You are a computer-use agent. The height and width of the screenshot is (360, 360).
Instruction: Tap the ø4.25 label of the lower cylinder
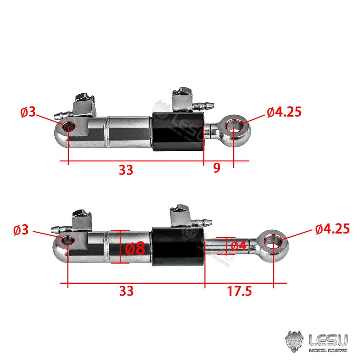pos(332,229)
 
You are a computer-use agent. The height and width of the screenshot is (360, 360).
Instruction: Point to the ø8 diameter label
pos(135,248)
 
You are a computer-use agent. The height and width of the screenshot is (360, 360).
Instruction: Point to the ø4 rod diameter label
pos(238,246)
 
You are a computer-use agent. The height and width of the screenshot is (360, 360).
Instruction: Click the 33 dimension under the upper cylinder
pos(126,170)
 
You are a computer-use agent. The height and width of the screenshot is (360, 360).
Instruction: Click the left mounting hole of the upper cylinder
pos(68,126)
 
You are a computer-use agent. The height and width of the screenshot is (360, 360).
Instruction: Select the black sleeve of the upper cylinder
pos(178,131)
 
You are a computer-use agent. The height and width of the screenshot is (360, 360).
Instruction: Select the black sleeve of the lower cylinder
pos(178,247)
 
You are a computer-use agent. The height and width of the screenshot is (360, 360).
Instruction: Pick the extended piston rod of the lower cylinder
pos(230,246)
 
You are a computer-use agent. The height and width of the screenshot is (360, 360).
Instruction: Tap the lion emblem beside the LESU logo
pos(294,341)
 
